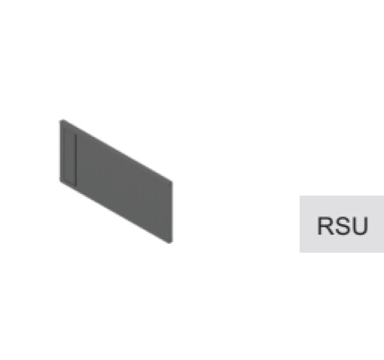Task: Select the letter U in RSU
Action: [359, 226]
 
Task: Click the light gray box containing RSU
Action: [342, 224]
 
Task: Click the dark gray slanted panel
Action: [116, 181]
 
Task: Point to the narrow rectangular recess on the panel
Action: [70, 156]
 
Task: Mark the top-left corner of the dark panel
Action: [60, 120]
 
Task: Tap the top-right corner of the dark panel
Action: [172, 182]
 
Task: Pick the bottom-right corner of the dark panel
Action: [172, 242]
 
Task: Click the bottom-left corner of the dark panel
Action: [60, 181]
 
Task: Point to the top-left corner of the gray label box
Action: [300, 195]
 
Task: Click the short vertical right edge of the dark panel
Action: [172, 212]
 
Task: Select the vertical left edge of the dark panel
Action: [60, 151]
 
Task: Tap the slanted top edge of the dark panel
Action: [116, 151]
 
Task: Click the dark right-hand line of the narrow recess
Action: [76, 160]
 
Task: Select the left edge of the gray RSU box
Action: [300, 224]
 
